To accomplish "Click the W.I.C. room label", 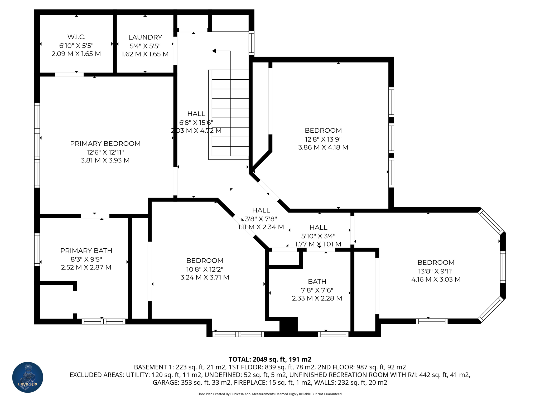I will click(x=76, y=37).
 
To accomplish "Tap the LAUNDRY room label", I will click(x=145, y=37).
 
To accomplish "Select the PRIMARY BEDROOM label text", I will click(x=105, y=143).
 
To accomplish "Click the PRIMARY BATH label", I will click(x=86, y=250).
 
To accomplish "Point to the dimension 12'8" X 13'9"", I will click(x=323, y=139).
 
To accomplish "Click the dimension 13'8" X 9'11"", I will click(x=436, y=271).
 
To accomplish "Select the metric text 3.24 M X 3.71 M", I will click(x=205, y=277).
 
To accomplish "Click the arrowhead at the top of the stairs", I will click(x=214, y=51).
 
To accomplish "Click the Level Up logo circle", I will click(x=28, y=377).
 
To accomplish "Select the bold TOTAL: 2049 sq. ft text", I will click(x=270, y=359).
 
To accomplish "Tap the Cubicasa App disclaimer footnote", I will click(x=270, y=394).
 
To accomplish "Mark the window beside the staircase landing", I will click(x=252, y=44).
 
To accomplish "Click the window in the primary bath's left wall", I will click(x=37, y=249).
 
